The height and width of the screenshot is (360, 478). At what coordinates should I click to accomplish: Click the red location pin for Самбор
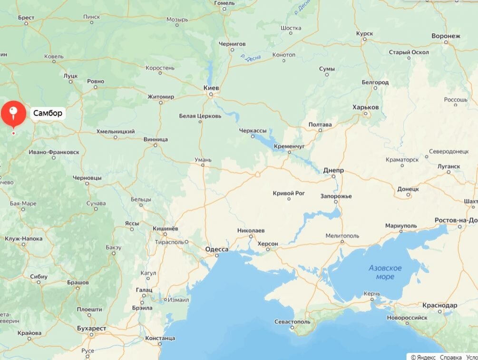13,113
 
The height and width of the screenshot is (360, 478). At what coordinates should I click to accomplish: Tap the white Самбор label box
48,113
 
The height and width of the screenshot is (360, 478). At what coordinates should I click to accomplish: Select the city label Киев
211,88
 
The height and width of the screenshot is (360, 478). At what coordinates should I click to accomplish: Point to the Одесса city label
217,249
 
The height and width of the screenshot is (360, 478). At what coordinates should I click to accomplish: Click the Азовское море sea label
385,272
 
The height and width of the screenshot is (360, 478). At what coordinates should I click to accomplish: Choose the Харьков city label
365,107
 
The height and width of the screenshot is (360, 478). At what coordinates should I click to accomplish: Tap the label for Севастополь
292,322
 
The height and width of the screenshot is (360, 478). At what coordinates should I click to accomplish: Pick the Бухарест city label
92,329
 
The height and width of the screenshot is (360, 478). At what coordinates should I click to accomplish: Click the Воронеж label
446,36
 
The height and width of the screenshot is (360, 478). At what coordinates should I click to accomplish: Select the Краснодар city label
439,305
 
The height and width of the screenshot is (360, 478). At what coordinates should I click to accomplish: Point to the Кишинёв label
165,229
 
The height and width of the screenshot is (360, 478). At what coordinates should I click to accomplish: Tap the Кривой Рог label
289,193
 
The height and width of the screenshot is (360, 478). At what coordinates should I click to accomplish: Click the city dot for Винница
155,145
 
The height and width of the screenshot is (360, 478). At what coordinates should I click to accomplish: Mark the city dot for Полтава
320,130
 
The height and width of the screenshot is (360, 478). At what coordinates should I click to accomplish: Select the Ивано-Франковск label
54,152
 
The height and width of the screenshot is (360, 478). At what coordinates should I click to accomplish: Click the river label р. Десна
251,57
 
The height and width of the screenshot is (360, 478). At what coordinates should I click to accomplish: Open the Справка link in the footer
450,357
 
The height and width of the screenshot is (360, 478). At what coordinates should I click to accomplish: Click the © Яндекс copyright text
422,357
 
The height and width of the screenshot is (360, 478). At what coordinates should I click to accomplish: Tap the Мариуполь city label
400,225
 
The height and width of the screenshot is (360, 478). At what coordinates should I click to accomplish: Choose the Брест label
26,18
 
